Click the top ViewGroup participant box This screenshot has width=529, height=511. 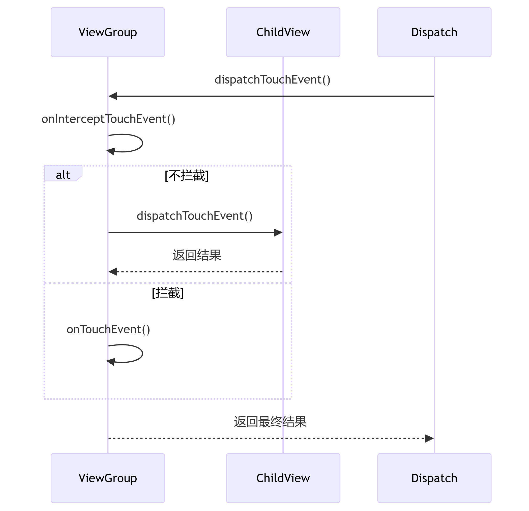(x=108, y=32)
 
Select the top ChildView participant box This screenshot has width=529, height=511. (x=283, y=32)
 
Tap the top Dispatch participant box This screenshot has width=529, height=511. (x=434, y=32)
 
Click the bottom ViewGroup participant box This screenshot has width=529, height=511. (x=108, y=478)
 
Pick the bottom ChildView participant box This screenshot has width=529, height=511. (x=283, y=478)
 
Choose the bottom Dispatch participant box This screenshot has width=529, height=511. (x=434, y=478)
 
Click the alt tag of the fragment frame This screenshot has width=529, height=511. (x=63, y=175)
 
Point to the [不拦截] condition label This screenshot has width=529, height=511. (x=187, y=176)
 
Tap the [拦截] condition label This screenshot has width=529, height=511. (x=168, y=293)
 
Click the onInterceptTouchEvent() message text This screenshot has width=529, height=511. (x=108, y=119)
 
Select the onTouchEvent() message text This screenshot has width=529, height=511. (x=108, y=329)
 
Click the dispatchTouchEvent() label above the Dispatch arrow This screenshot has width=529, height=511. (x=272, y=79)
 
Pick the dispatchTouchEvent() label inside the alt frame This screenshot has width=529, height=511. (x=195, y=216)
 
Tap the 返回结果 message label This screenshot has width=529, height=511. (x=197, y=255)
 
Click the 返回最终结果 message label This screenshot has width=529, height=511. (x=270, y=422)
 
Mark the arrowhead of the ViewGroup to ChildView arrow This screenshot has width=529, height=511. (x=279, y=232)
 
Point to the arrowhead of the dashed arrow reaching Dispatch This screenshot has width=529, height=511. (x=429, y=438)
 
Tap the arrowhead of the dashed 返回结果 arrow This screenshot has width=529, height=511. (x=112, y=272)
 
